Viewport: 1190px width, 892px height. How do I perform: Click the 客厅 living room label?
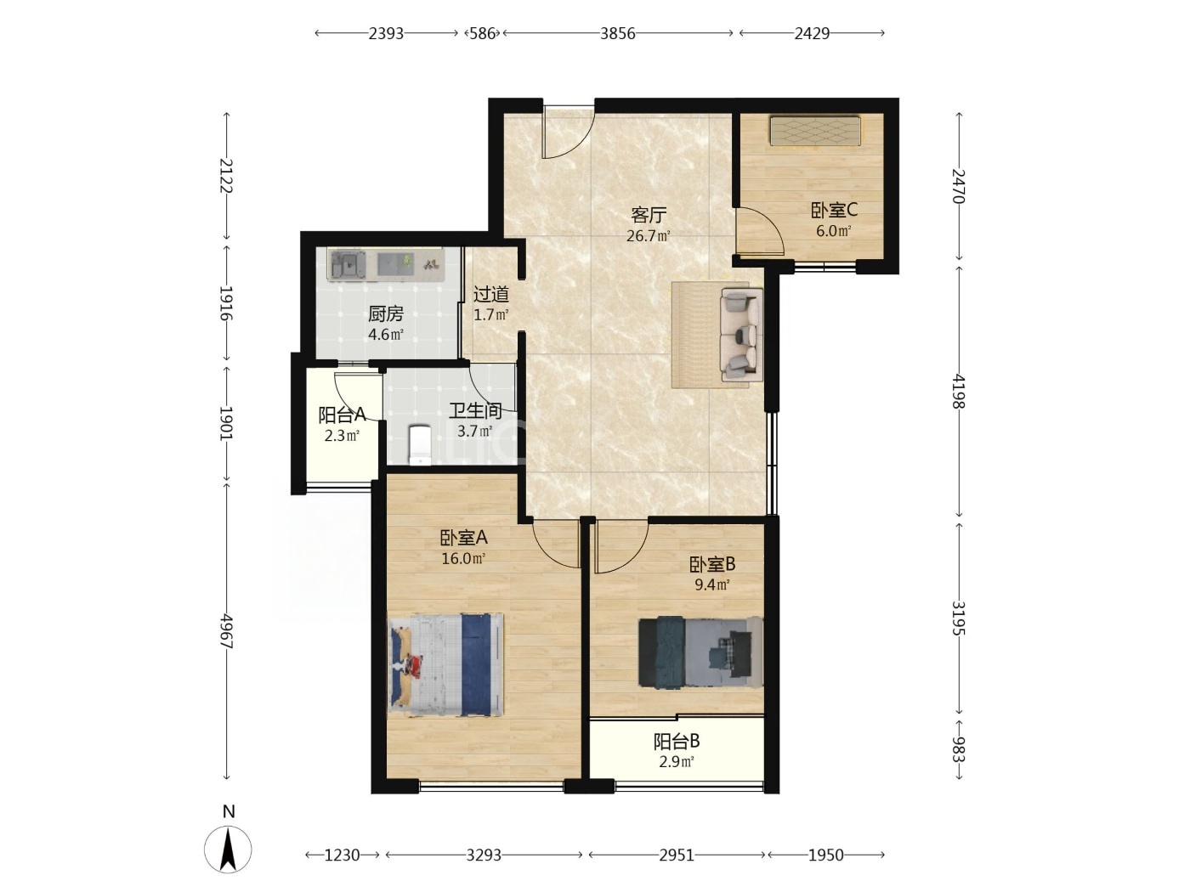[648, 215]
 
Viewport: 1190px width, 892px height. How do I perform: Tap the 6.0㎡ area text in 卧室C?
[833, 231]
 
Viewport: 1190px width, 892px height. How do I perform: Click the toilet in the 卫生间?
[420, 445]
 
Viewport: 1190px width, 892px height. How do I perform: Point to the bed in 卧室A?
[445, 665]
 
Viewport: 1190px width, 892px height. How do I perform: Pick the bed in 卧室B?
[700, 652]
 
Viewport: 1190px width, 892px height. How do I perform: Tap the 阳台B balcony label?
[676, 741]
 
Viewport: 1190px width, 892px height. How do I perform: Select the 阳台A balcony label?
[342, 415]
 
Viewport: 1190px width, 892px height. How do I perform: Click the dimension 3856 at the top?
[617, 34]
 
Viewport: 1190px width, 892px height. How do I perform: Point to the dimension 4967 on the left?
[226, 631]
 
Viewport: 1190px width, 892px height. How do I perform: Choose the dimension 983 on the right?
[958, 749]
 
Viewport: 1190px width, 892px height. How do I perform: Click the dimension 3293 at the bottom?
[484, 855]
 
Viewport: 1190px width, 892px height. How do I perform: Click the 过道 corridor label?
[491, 294]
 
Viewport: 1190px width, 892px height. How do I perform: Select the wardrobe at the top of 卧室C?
[815, 131]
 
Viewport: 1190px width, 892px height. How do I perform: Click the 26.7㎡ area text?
[648, 236]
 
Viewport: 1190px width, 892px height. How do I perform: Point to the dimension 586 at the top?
[482, 34]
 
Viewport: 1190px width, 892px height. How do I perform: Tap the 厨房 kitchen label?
[385, 313]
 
